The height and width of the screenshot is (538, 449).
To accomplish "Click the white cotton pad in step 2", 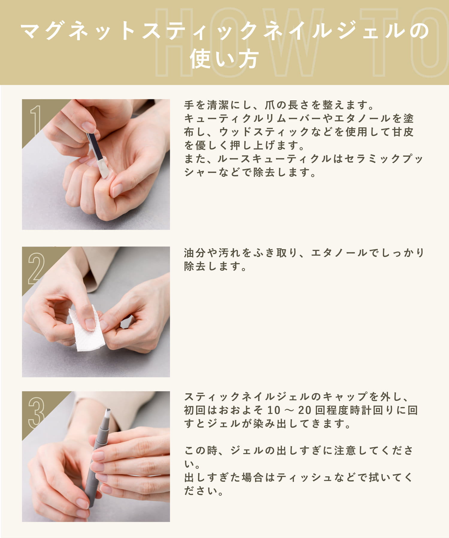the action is click(x=87, y=329).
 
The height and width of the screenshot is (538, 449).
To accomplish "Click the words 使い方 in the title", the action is click(x=224, y=59).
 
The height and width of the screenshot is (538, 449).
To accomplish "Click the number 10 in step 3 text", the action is click(x=274, y=410).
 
